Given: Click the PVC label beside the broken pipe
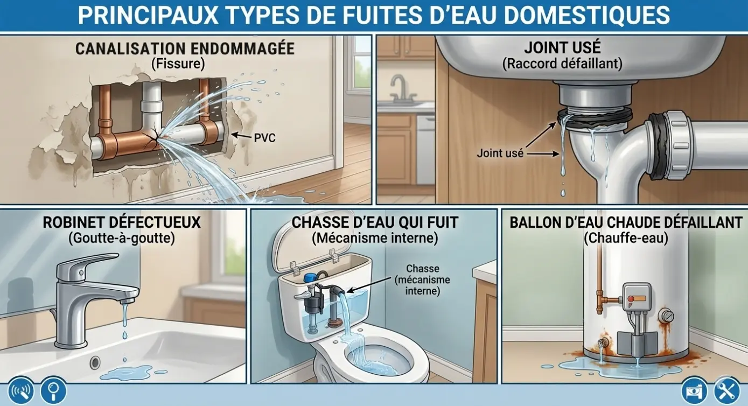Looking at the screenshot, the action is [264, 138].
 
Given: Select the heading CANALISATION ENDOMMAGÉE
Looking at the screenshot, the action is [185, 49].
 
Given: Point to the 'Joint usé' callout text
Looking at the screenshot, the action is [500, 153].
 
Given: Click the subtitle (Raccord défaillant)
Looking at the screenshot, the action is [563, 64].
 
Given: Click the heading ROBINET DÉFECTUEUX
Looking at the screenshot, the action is [122, 223].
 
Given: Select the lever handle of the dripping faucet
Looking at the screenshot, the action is [87, 264].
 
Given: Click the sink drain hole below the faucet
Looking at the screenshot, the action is [95, 362].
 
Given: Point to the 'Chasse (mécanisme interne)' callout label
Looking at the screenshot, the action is [422, 280].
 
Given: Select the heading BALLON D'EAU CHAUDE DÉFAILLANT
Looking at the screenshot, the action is [626, 223].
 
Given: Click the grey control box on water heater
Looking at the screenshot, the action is [637, 299].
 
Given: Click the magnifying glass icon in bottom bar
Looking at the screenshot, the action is [53, 390].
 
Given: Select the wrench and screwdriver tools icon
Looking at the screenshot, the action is [726, 390].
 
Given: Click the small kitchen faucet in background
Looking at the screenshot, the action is [401, 88].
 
